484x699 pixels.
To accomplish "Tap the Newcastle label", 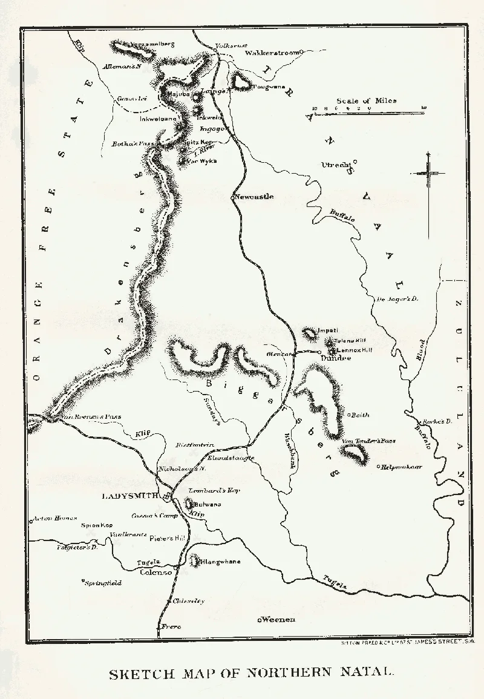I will (255, 197).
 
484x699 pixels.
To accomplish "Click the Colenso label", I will (157, 572).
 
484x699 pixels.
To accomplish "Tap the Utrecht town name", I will (337, 165).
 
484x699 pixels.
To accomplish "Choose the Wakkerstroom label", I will (272, 53).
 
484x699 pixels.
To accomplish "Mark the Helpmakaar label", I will (401, 467).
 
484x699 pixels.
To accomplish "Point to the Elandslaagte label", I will (231, 459).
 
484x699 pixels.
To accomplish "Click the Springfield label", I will (103, 583).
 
